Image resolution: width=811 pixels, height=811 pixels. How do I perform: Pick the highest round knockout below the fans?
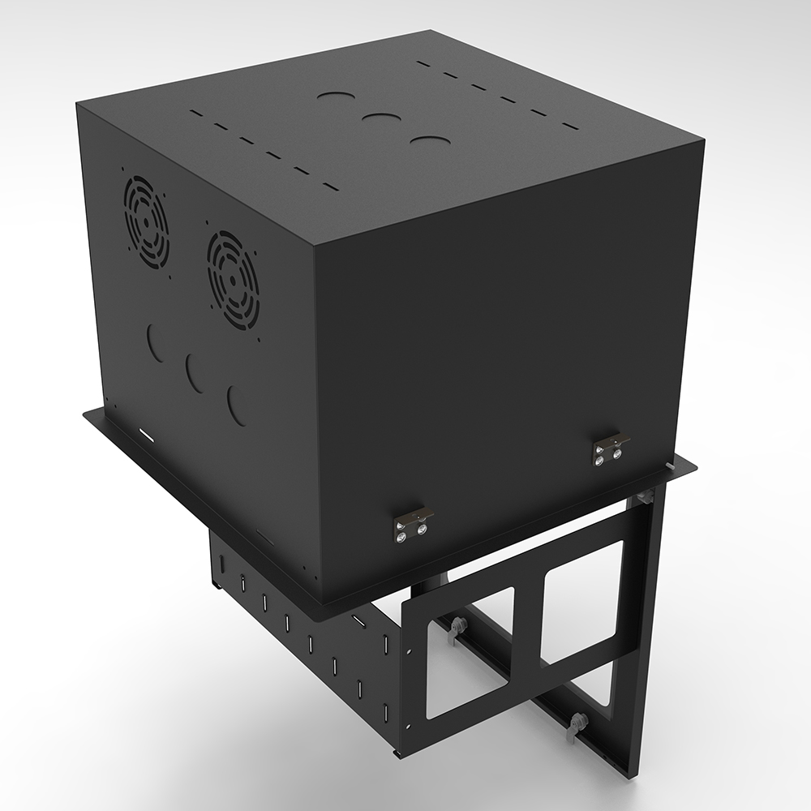(x=157, y=341)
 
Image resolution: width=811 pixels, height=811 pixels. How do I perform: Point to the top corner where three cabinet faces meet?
(x=312, y=241)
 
